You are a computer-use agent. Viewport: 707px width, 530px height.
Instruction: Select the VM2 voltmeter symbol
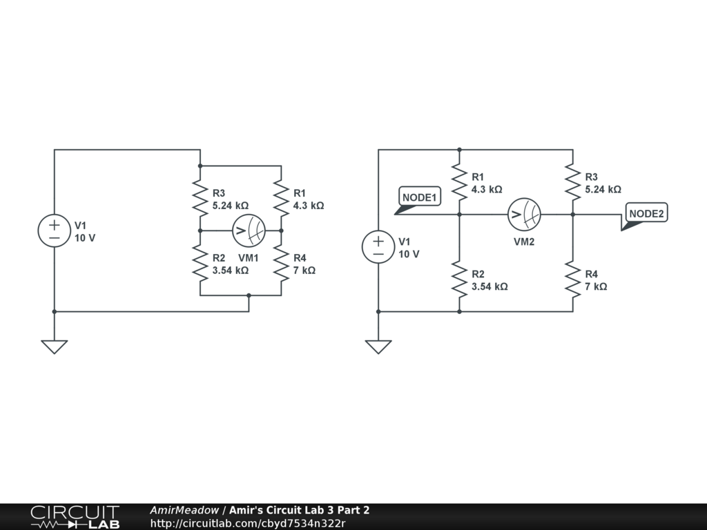click(x=524, y=215)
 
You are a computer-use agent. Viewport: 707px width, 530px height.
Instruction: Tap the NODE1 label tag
click(x=420, y=197)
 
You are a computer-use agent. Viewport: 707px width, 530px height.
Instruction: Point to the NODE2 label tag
click(x=646, y=214)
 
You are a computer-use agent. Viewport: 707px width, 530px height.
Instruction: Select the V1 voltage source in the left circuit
click(x=54, y=230)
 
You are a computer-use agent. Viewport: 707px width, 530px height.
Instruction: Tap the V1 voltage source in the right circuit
click(x=378, y=247)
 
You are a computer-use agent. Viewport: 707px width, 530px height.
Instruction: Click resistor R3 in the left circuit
click(x=200, y=198)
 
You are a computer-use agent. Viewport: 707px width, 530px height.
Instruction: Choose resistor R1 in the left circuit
click(x=281, y=198)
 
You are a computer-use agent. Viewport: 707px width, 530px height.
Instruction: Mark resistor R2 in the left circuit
click(x=200, y=263)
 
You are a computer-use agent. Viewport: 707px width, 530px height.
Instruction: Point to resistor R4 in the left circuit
click(x=281, y=263)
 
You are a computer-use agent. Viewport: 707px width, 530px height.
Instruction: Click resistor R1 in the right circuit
click(x=459, y=181)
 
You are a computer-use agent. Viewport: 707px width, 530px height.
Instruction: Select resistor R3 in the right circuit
click(x=572, y=181)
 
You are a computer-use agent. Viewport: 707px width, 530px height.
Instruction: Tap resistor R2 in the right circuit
click(x=459, y=279)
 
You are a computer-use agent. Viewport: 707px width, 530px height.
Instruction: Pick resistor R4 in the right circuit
click(x=572, y=279)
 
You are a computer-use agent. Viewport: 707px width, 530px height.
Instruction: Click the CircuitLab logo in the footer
click(x=75, y=517)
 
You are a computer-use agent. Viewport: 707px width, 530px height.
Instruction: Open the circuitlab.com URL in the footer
click(x=247, y=523)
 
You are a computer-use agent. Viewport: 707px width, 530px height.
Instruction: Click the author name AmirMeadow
click(x=184, y=510)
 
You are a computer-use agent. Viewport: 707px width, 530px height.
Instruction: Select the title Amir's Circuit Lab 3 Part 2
click(x=299, y=510)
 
